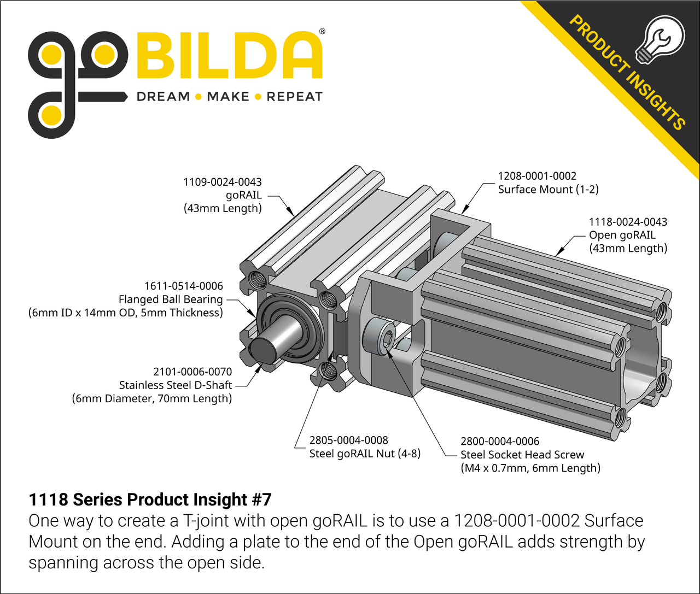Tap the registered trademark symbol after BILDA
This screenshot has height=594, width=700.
click(322, 32)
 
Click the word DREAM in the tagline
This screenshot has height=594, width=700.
click(163, 97)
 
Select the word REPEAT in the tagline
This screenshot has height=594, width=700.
click(294, 97)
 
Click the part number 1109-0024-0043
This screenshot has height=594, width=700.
click(222, 182)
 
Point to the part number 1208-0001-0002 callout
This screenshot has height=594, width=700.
click(537, 176)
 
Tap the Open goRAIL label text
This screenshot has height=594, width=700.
click(622, 235)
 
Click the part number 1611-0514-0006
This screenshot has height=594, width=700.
click(184, 286)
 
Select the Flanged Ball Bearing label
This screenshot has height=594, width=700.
click(171, 299)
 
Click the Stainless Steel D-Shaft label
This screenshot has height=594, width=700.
click(176, 385)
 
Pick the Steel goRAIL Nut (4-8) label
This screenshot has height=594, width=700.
click(365, 454)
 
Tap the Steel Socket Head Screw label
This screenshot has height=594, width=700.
click(522, 455)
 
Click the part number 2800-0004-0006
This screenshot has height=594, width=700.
click(500, 441)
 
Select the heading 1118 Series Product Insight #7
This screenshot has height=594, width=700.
click(150, 499)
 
